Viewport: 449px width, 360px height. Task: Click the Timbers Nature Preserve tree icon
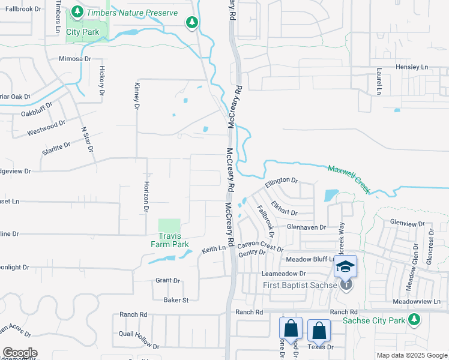[77, 11]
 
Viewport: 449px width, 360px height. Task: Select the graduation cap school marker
[346, 266]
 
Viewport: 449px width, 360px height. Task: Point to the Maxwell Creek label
[349, 178]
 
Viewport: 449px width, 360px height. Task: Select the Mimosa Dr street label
[74, 59]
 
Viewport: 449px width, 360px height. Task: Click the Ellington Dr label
[282, 180]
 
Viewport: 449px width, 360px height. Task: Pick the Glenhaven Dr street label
[306, 227]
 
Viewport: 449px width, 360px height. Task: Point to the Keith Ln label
[214, 248]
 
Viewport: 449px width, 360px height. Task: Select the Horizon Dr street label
[145, 197]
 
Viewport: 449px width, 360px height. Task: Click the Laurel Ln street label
[379, 81]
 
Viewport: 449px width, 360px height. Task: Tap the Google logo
[20, 353]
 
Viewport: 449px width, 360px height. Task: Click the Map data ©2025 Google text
[411, 355]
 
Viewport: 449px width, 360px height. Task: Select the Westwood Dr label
[46, 128]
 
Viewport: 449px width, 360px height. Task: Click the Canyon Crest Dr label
[260, 247]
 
